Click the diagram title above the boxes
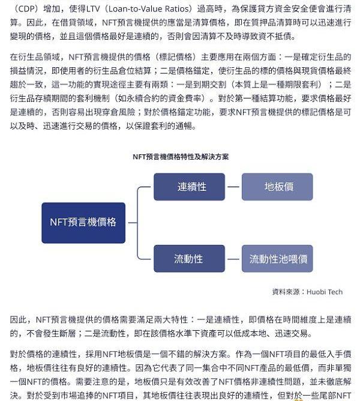pos(180,156)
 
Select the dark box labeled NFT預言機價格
pos(83,223)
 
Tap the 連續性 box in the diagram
pos(189,187)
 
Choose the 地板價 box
pos(277,187)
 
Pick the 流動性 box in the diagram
pos(189,259)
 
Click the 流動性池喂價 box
pos(277,259)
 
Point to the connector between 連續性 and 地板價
pos(233,187)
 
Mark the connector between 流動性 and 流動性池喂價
pos(233,259)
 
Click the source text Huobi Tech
pos(325,292)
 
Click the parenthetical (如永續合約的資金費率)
pos(162,98)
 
